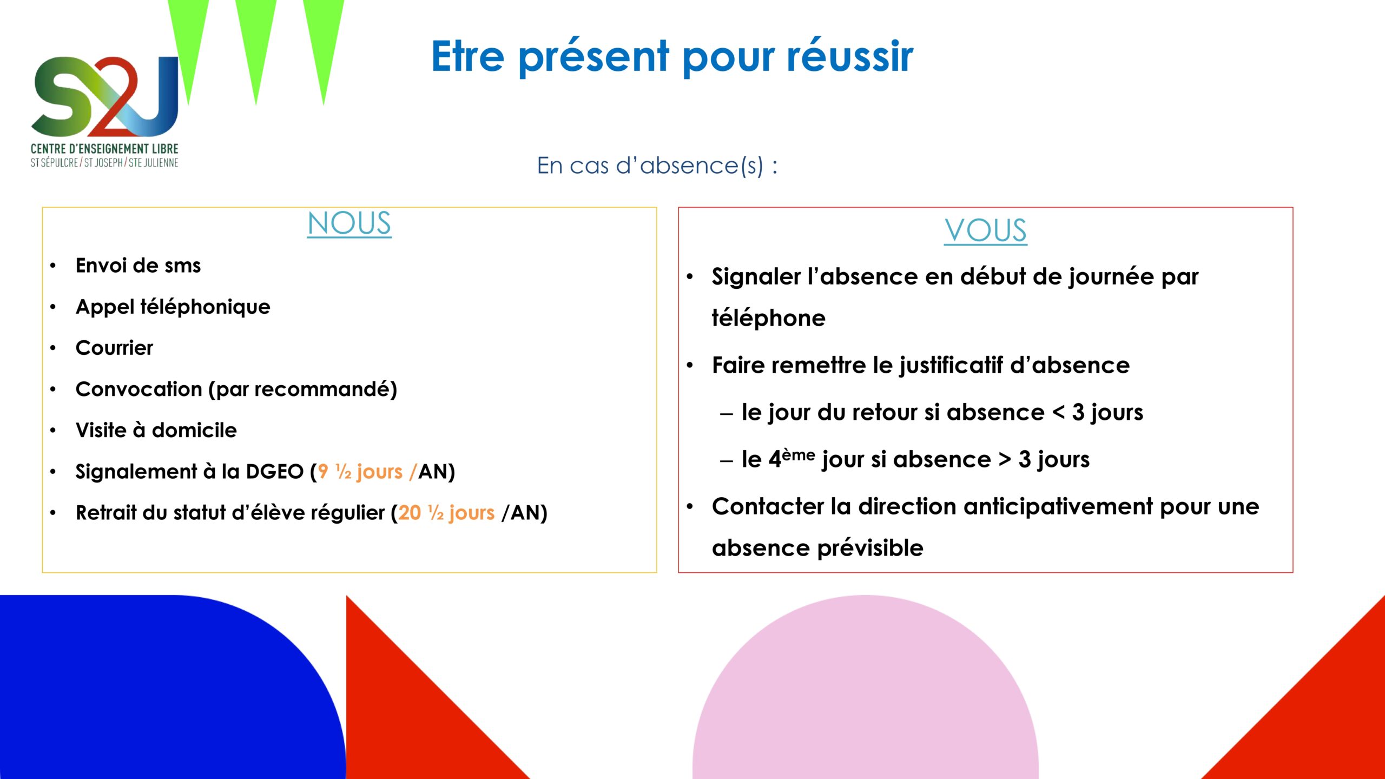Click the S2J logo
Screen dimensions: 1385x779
(x=104, y=111)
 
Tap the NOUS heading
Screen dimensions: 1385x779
(x=349, y=223)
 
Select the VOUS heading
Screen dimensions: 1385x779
(x=985, y=230)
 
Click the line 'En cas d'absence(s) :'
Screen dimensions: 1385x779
(x=657, y=165)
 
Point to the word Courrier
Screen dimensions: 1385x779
(x=114, y=348)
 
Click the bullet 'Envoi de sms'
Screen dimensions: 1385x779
(x=138, y=266)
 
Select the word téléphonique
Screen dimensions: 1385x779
(x=205, y=307)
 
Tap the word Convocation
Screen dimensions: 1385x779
(x=139, y=389)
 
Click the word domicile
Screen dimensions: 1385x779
(x=194, y=430)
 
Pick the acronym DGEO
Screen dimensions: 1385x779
(x=275, y=472)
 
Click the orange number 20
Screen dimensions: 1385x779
(x=410, y=513)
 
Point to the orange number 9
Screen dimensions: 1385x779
(x=323, y=472)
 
